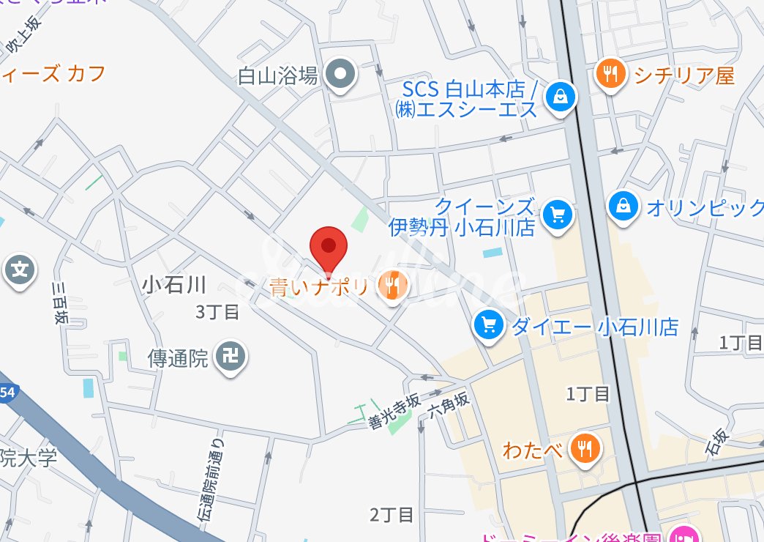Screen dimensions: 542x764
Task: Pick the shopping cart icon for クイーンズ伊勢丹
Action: [558, 214]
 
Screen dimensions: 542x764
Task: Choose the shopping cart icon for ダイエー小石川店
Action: [487, 324]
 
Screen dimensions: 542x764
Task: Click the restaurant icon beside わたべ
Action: [585, 447]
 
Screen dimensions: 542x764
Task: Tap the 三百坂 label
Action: [61, 301]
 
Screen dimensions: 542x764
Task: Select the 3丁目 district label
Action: [217, 312]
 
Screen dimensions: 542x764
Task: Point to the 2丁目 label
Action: [392, 515]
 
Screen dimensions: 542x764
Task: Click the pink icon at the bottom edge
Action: [687, 534]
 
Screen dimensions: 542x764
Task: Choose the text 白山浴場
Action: [278, 75]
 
